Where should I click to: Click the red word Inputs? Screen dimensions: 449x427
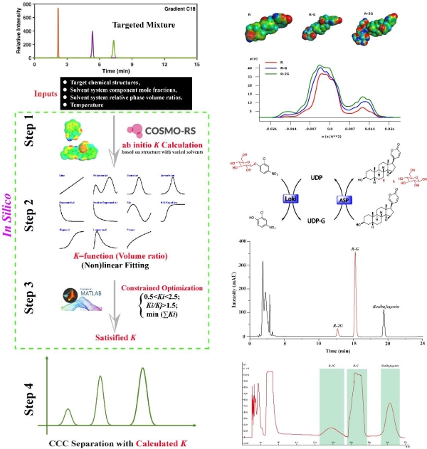pos(46,93)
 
